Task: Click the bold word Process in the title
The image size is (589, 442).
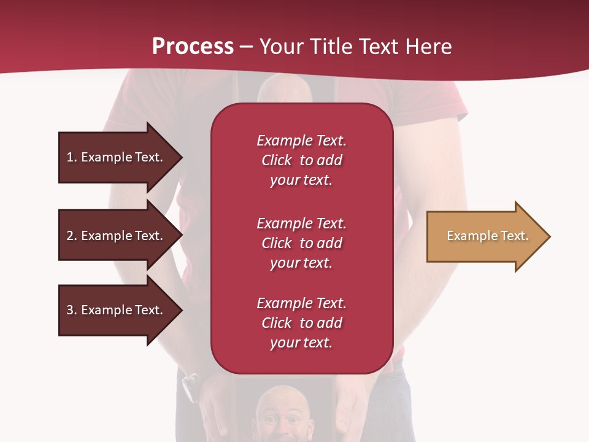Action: click(193, 47)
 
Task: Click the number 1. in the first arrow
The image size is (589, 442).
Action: click(72, 157)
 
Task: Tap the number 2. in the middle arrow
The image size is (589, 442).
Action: click(72, 236)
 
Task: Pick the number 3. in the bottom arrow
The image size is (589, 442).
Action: click(72, 310)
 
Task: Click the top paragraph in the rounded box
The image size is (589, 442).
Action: click(301, 160)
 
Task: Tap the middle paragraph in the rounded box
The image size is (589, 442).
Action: click(301, 243)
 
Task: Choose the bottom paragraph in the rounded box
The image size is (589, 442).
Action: click(301, 323)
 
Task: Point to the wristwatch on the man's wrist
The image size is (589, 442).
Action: click(190, 386)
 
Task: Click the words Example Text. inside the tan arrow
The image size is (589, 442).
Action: click(488, 236)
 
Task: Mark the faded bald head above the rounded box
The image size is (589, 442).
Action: click(282, 89)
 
